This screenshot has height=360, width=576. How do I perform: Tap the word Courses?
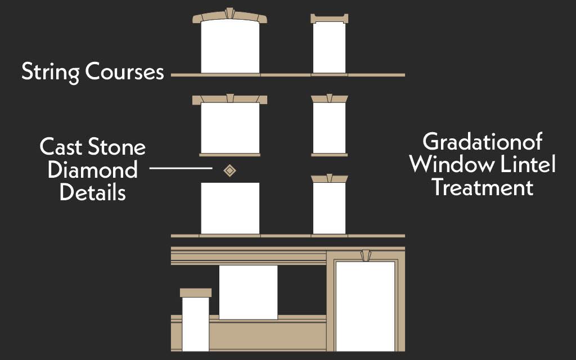[124, 72]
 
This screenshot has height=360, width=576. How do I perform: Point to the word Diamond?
[92, 170]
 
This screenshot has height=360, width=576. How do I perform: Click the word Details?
[92, 192]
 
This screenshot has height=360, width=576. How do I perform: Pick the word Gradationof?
[482, 141]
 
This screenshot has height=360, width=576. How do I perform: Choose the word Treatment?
[482, 187]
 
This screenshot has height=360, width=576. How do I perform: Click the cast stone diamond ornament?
[229, 170]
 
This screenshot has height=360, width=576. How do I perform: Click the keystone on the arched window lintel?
[229, 13]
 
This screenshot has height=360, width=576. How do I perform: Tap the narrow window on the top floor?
[329, 47]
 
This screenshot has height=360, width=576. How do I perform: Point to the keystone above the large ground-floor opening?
[366, 255]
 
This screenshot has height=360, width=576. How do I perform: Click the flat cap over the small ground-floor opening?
[196, 292]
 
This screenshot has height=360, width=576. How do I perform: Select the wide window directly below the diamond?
[230, 208]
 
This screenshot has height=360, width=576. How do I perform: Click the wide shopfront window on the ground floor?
[248, 292]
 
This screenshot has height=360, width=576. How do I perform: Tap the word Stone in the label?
[118, 147]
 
